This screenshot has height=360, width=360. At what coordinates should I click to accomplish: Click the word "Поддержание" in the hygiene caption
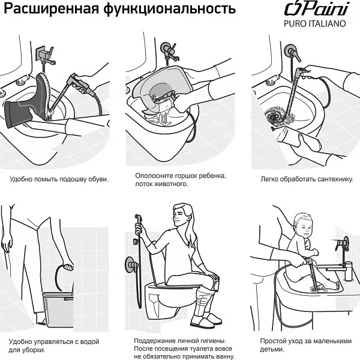tap(158, 341)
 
